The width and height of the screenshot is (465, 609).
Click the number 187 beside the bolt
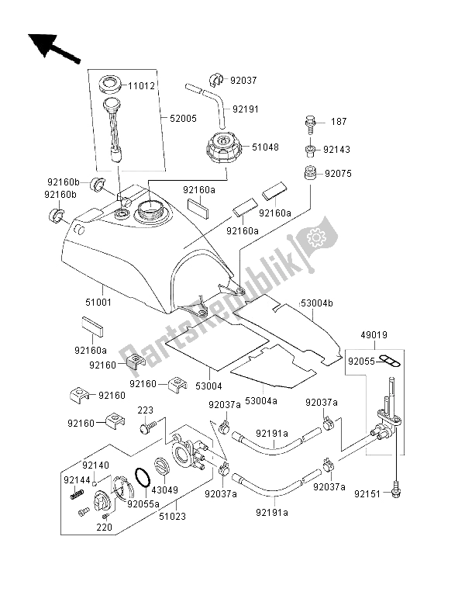click(339, 122)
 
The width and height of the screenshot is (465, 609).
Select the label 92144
click(76, 481)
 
